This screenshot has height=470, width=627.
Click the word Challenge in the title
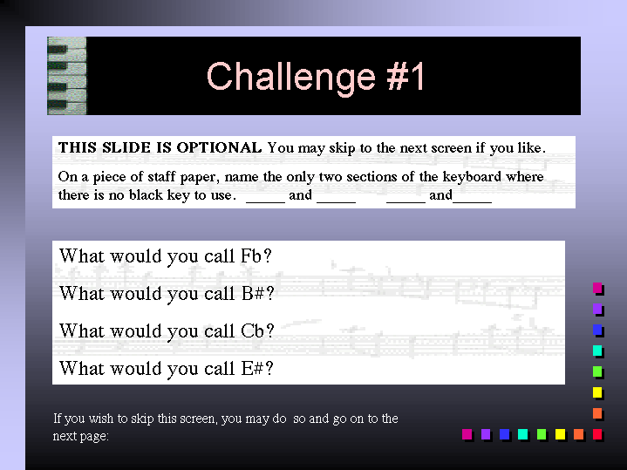point(291,78)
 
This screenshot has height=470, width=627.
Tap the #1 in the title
point(406,76)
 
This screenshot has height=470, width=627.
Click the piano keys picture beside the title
point(67,76)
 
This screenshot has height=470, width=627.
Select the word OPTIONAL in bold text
point(219,147)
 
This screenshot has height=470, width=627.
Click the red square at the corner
point(598,434)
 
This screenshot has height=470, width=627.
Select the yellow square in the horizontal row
point(560,434)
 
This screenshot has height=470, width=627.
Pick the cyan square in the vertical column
point(598,351)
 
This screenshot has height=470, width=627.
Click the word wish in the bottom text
point(101,419)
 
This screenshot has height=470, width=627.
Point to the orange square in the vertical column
point(598,413)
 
